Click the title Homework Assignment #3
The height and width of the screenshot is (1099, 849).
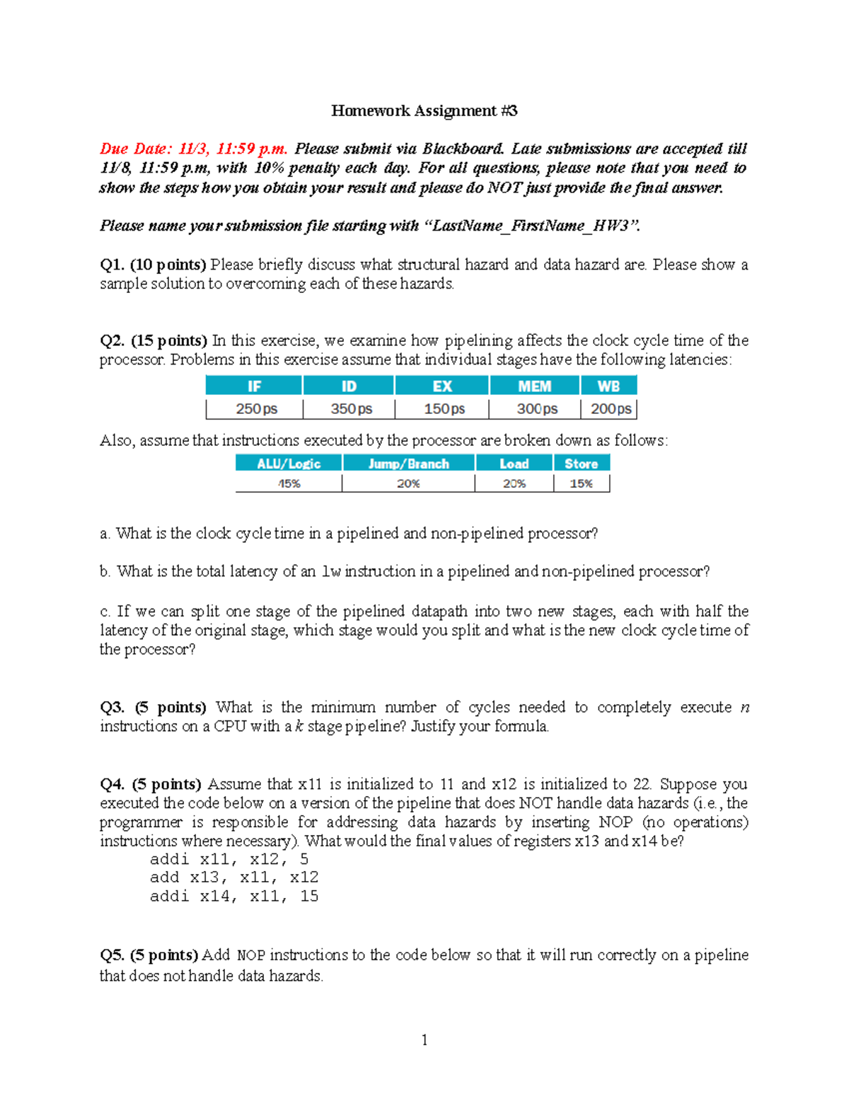pos(424,110)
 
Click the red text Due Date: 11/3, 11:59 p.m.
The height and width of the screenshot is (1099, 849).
pos(193,149)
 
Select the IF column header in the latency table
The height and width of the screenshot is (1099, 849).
pos(254,386)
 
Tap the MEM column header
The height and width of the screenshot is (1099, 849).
pos(534,386)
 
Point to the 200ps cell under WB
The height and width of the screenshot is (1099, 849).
pos(611,409)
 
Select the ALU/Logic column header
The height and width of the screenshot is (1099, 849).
pos(289,464)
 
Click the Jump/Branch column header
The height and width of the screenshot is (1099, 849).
pos(408,464)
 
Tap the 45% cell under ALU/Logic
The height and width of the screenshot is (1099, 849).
pos(289,483)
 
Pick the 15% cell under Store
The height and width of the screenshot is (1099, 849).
pos(581,483)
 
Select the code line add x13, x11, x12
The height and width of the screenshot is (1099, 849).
pos(234,878)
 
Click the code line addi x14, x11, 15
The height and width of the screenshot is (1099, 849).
pos(234,896)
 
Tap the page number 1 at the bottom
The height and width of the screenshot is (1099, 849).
pos(424,1040)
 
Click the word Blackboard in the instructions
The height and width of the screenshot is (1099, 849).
pos(463,149)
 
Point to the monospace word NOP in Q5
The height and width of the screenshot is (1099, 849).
pos(251,955)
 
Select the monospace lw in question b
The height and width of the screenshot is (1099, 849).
pos(330,572)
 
